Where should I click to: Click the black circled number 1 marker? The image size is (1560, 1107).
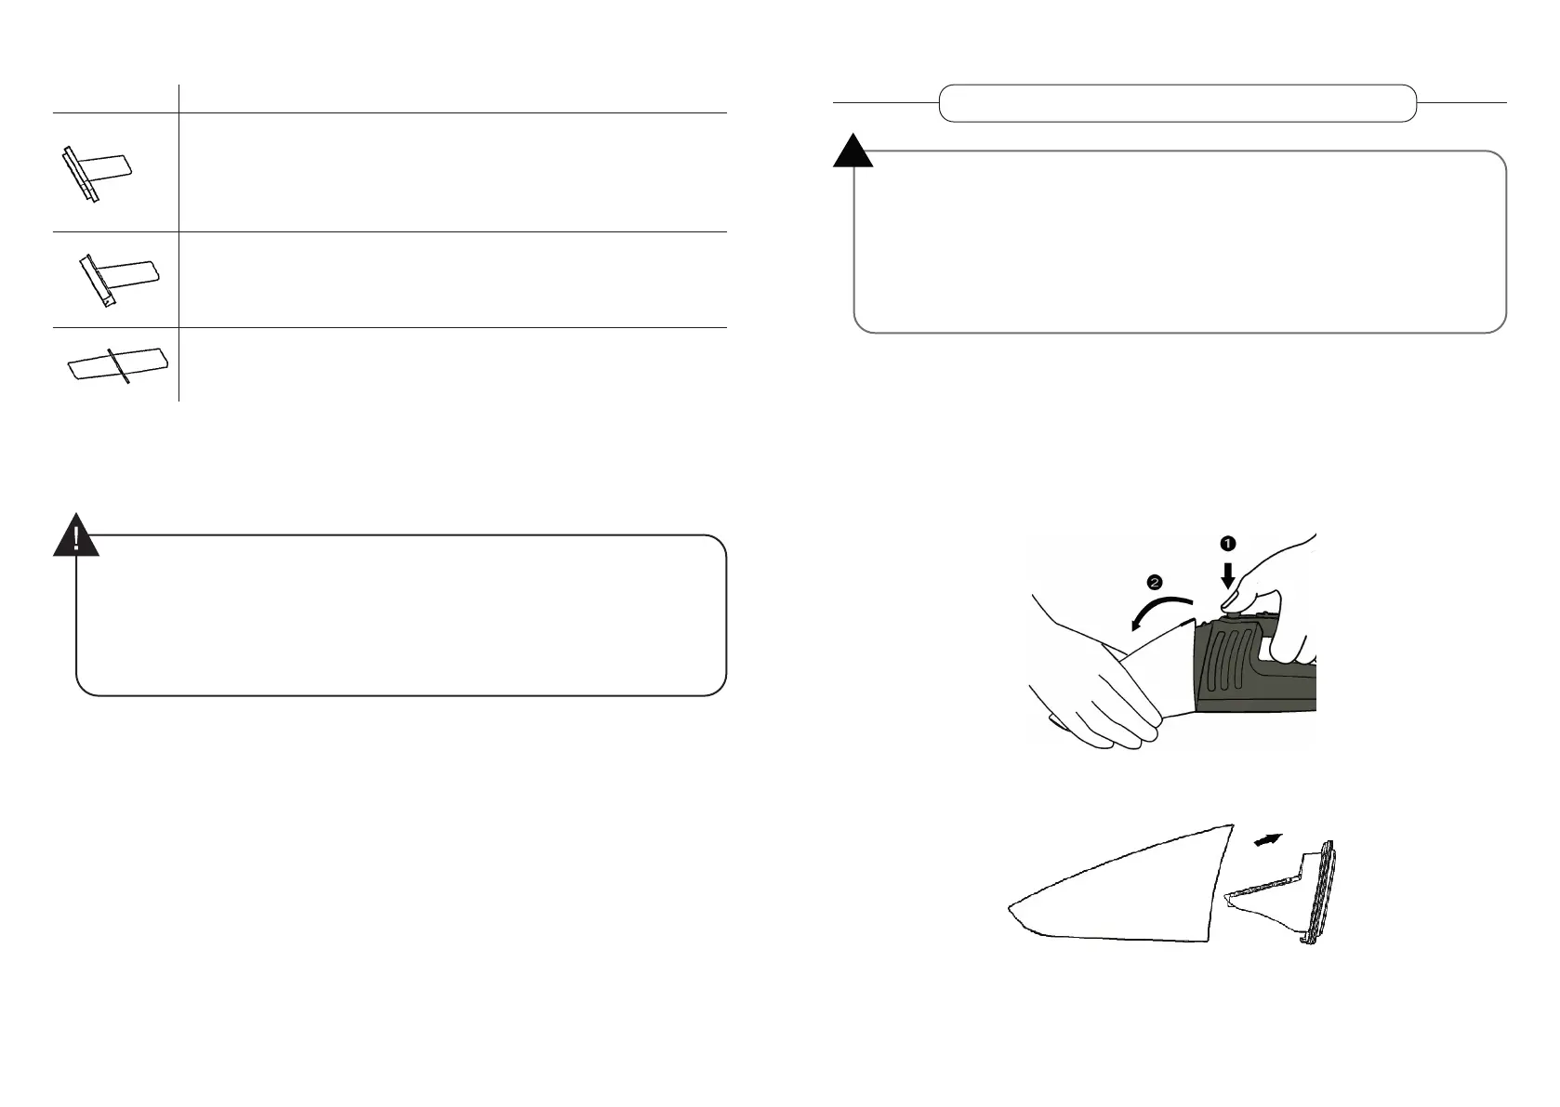point(1227,541)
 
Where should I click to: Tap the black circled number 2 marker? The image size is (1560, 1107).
point(1154,583)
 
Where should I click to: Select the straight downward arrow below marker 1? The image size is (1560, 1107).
point(1228,573)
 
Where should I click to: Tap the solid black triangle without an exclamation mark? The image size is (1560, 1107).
point(853,152)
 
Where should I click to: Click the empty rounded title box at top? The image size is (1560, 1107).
point(1177,103)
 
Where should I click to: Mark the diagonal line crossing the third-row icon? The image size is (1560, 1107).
point(117,365)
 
